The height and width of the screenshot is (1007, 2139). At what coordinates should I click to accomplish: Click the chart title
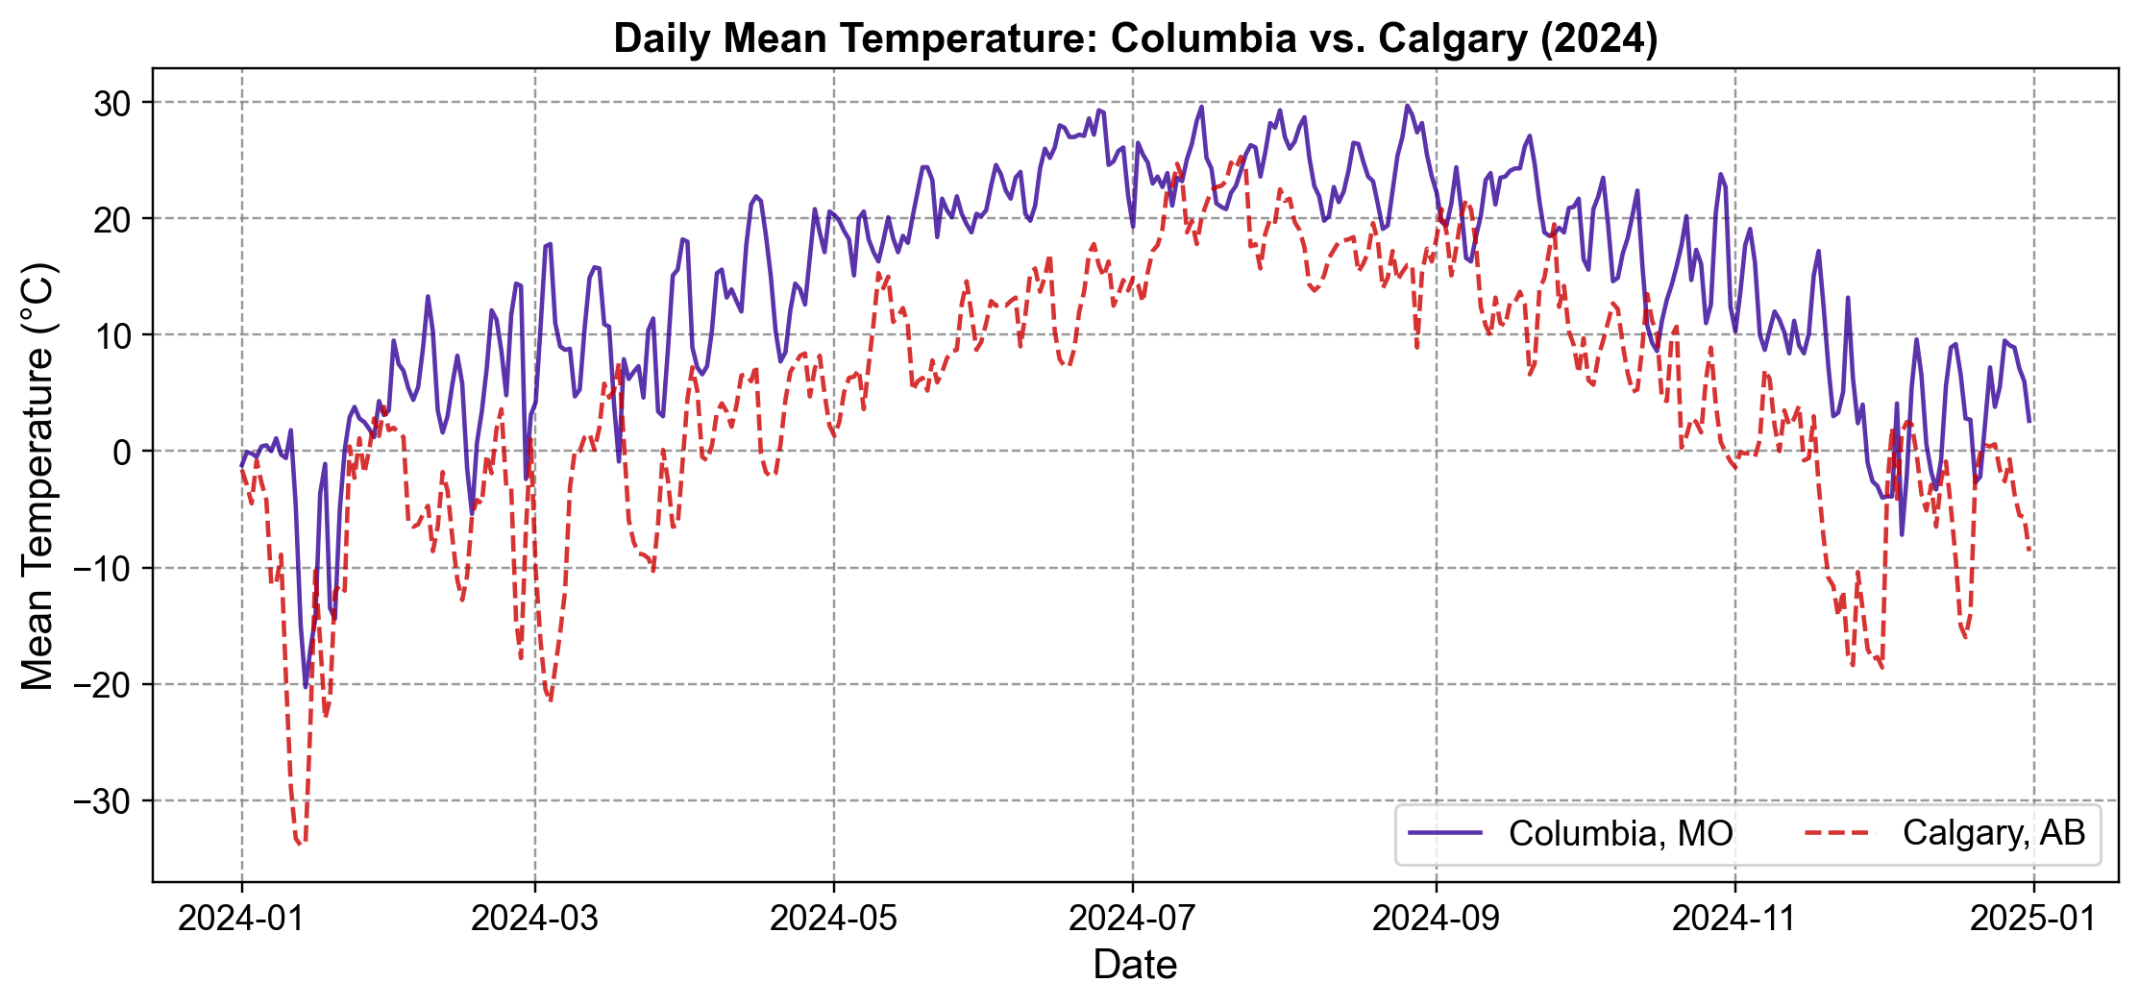[x=1135, y=38]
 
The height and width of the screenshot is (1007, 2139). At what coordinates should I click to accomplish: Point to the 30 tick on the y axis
[x=112, y=103]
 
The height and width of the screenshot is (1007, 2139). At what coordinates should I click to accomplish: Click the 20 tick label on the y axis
[x=112, y=219]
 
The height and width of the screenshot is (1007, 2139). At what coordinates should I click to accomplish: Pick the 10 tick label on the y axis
[x=112, y=335]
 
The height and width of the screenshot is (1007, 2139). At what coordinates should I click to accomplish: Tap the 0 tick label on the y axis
[x=122, y=452]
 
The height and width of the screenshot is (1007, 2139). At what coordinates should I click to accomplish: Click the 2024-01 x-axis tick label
[x=241, y=919]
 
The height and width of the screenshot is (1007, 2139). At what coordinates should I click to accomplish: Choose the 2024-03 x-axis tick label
[x=534, y=919]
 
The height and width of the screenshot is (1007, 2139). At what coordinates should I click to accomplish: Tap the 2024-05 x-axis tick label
[x=833, y=919]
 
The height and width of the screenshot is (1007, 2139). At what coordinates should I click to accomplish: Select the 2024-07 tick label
[x=1132, y=919]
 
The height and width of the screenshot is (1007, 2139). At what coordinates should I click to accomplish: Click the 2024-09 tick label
[x=1436, y=919]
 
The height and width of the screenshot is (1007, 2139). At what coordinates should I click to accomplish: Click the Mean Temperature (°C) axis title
[x=38, y=475]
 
